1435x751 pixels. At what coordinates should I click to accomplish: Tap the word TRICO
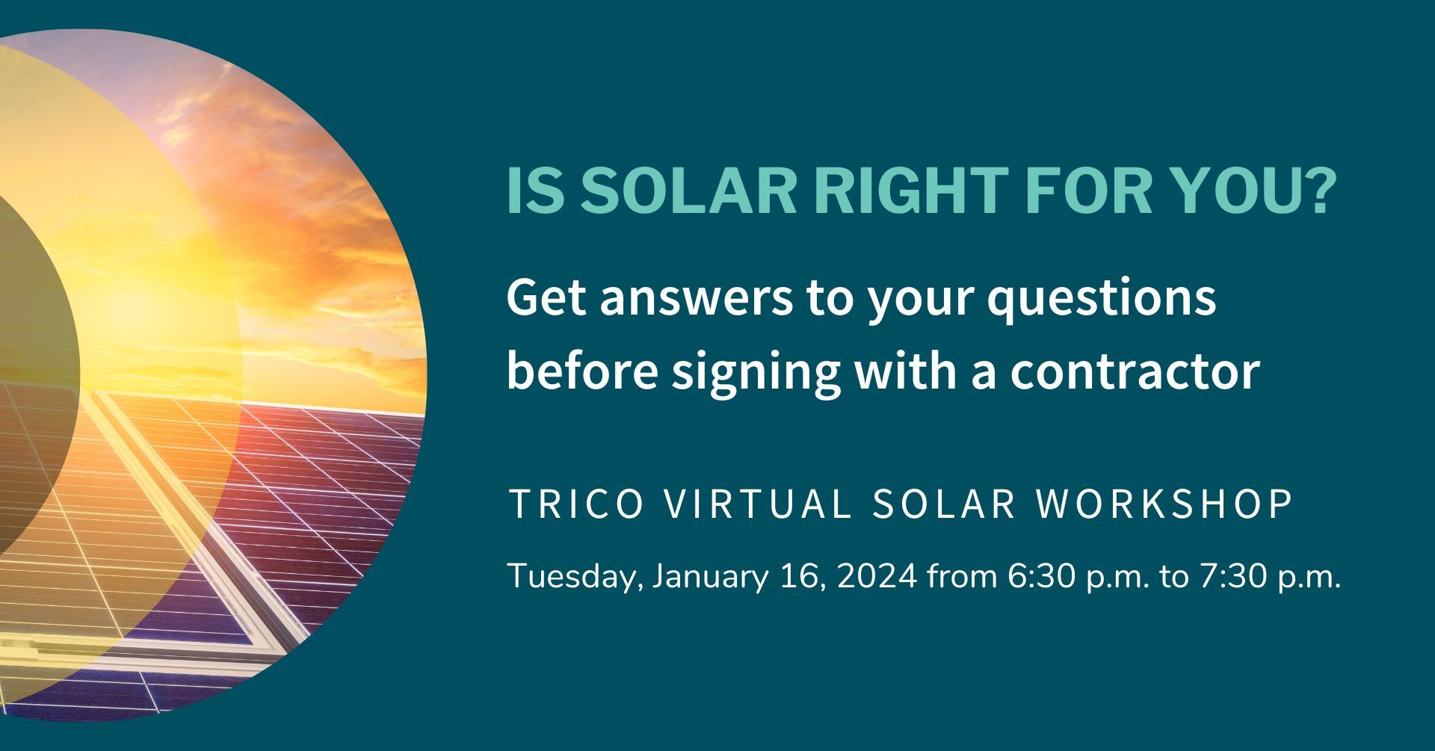[x=575, y=504]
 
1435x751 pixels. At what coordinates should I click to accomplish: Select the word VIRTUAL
[x=758, y=504]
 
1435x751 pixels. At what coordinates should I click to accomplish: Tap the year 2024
[x=877, y=578]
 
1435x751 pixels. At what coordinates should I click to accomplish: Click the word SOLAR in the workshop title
[x=944, y=504]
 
